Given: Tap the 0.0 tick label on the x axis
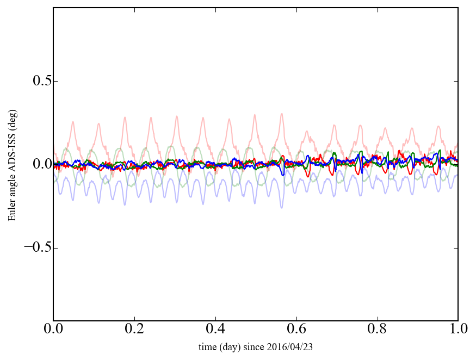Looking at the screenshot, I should [x=53, y=330].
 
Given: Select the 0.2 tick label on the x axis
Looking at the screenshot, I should [x=134, y=330].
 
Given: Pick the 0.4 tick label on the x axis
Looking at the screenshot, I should [x=215, y=330].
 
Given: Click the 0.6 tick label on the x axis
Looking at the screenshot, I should [x=296, y=330].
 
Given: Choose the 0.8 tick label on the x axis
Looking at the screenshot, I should [x=377, y=330].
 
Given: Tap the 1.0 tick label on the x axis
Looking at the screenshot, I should [x=458, y=330].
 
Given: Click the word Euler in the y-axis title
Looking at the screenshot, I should [x=11, y=211].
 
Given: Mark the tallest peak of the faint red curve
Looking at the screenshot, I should [x=281, y=114].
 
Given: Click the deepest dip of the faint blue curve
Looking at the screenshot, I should [x=281, y=208].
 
